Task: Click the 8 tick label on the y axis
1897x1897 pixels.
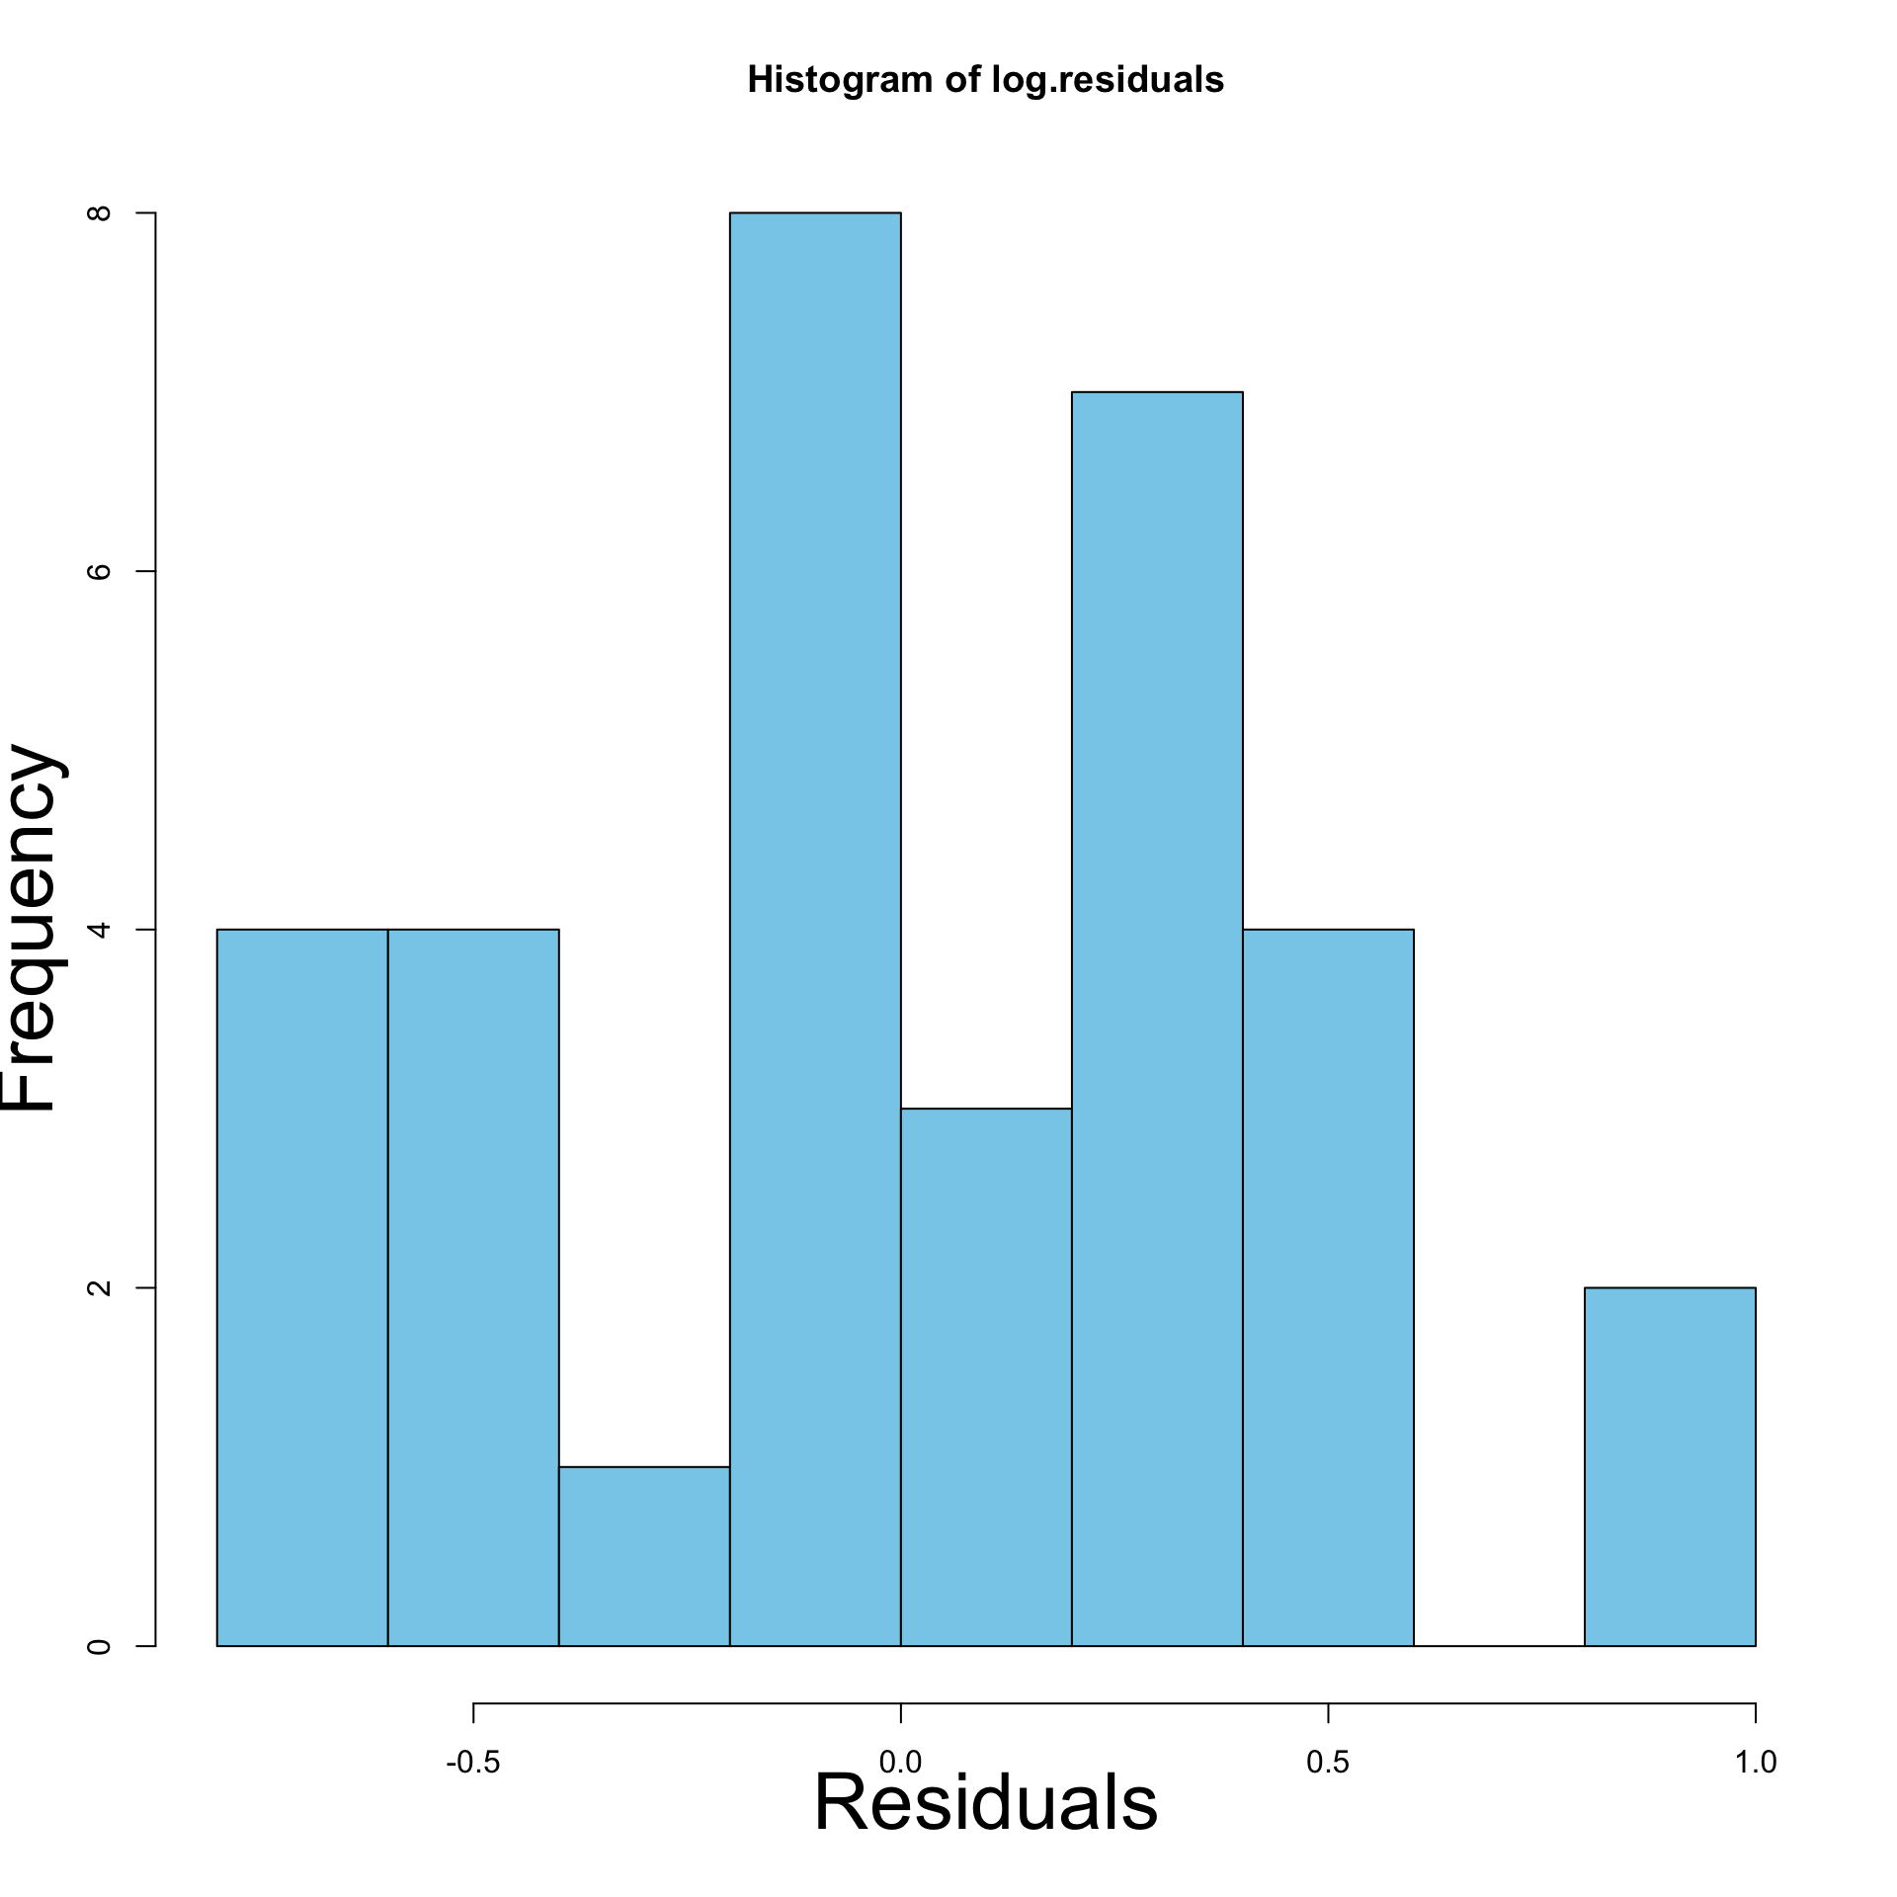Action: [x=99, y=213]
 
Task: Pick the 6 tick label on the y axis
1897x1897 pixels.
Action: [x=99, y=571]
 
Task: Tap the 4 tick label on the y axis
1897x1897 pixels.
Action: [x=99, y=930]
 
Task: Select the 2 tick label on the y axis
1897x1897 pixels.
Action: [x=99, y=1287]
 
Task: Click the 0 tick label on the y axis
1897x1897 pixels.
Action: [x=99, y=1646]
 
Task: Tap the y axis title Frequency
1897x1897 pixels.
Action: [x=32, y=929]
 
